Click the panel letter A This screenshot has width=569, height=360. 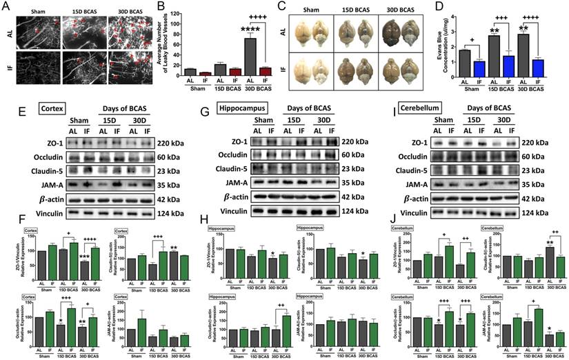(x=6, y=7)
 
